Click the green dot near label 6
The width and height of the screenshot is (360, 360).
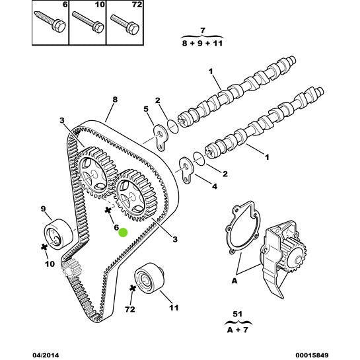[x=122, y=233]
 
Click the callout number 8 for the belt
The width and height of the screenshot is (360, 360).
[x=115, y=100]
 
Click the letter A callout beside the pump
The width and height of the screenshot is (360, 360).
[x=234, y=280]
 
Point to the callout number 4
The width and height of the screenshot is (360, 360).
[x=214, y=186]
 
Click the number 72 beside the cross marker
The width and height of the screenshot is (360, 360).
[x=130, y=308]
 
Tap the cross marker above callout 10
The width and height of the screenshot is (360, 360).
[x=45, y=247]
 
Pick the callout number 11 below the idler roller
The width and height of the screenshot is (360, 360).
[x=173, y=308]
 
